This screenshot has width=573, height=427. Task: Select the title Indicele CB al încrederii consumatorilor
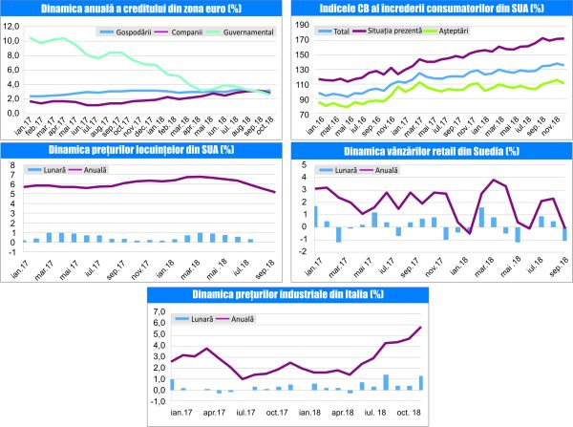point(431,9)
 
